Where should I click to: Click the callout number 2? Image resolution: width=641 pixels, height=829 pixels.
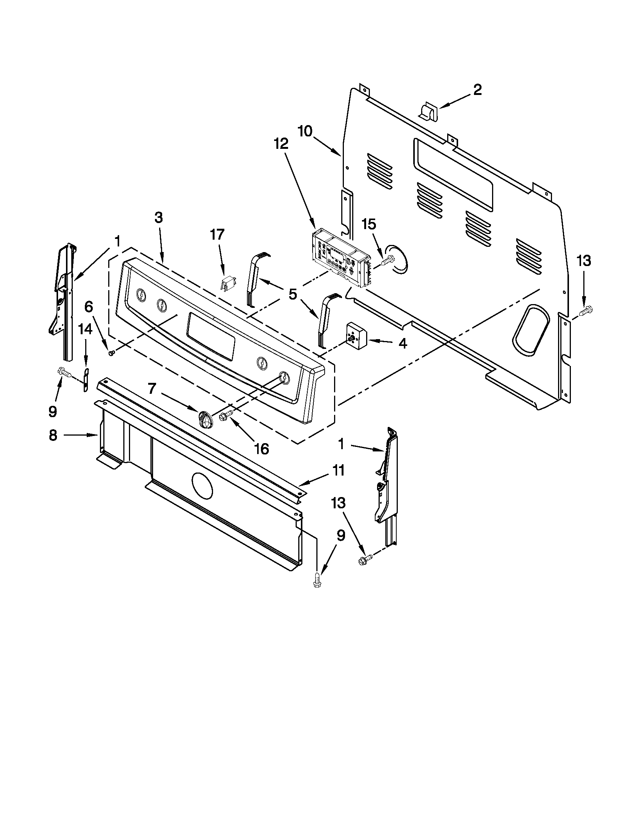click(x=477, y=90)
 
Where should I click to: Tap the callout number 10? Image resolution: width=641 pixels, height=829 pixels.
click(x=305, y=132)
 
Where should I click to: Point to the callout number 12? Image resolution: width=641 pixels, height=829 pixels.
click(x=281, y=144)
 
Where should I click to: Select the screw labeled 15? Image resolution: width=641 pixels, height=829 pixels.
click(x=387, y=262)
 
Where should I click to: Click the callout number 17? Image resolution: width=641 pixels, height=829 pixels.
click(x=218, y=234)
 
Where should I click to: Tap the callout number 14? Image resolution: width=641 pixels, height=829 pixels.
click(x=86, y=329)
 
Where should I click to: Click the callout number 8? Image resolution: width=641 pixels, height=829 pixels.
click(x=53, y=435)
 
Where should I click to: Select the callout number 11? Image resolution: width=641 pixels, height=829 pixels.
click(x=339, y=470)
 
